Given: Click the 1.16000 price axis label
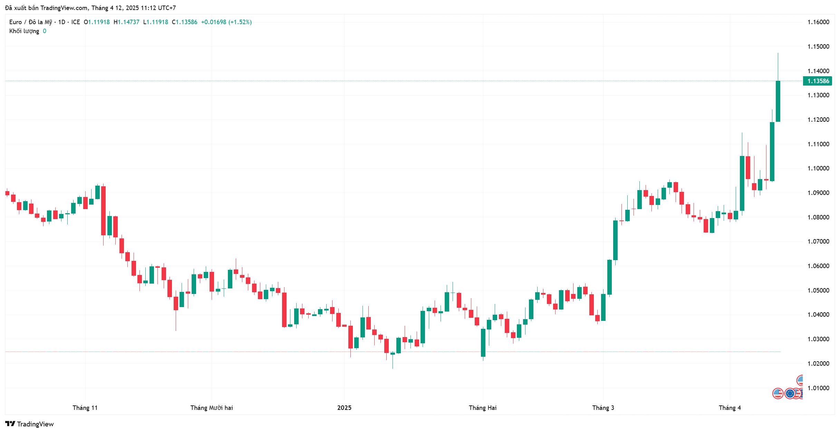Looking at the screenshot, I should [x=818, y=22].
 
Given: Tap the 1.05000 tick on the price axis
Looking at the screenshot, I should [x=818, y=290].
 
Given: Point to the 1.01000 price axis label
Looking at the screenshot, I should [x=818, y=388].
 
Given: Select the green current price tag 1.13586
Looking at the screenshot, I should [x=818, y=81].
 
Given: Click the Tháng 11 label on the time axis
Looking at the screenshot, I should [x=85, y=407].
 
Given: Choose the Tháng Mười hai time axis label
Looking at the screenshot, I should [x=211, y=407].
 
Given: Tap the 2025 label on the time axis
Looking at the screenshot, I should [x=344, y=407].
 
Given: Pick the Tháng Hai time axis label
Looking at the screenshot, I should [x=482, y=407].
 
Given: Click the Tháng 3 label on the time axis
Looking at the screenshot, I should [x=603, y=407].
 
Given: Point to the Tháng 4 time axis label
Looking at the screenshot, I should [x=730, y=407].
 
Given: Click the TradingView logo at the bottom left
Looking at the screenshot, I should [x=30, y=424].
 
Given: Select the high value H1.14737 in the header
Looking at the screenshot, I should [x=126, y=22].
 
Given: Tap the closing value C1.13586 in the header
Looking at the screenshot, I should [x=185, y=22].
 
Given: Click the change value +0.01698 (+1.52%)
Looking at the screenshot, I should [x=226, y=22].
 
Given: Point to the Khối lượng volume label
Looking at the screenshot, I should [x=24, y=31].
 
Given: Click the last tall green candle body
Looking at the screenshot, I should [x=778, y=101].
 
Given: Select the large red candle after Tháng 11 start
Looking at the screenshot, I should [x=103, y=210].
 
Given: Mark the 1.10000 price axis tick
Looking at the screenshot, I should [x=818, y=168].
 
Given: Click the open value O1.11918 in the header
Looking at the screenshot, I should [x=97, y=22].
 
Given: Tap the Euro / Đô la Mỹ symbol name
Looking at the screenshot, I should [x=31, y=22].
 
